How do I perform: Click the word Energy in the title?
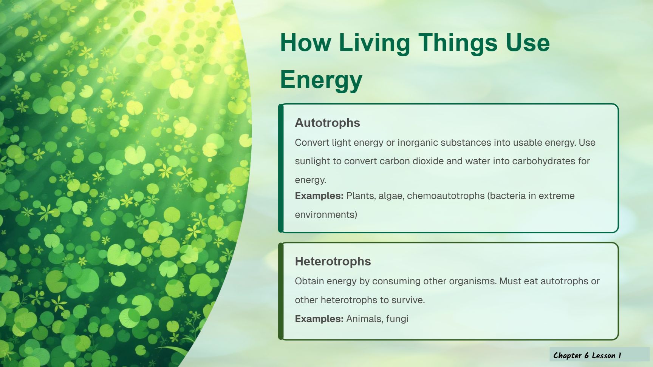point(321,80)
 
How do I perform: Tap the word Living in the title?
point(374,43)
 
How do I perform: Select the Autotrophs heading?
point(327,123)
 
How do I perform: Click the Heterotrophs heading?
point(333,261)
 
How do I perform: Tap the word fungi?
point(397,319)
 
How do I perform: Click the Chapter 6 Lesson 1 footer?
point(587,355)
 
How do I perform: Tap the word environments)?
point(326,215)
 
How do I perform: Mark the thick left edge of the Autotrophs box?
point(281,168)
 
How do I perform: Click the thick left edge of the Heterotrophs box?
point(281,291)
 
